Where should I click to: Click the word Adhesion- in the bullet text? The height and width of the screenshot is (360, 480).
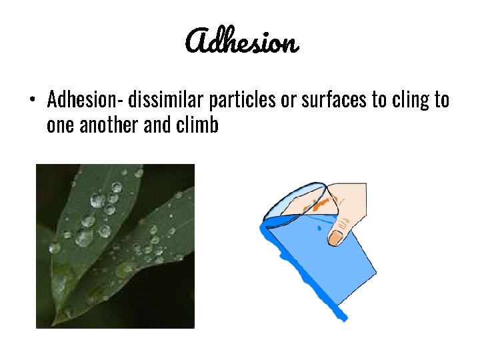84,100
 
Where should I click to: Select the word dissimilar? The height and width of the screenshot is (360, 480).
166,100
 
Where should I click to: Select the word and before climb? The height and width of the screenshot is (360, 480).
158,125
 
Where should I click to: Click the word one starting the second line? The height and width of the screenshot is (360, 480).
61,125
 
